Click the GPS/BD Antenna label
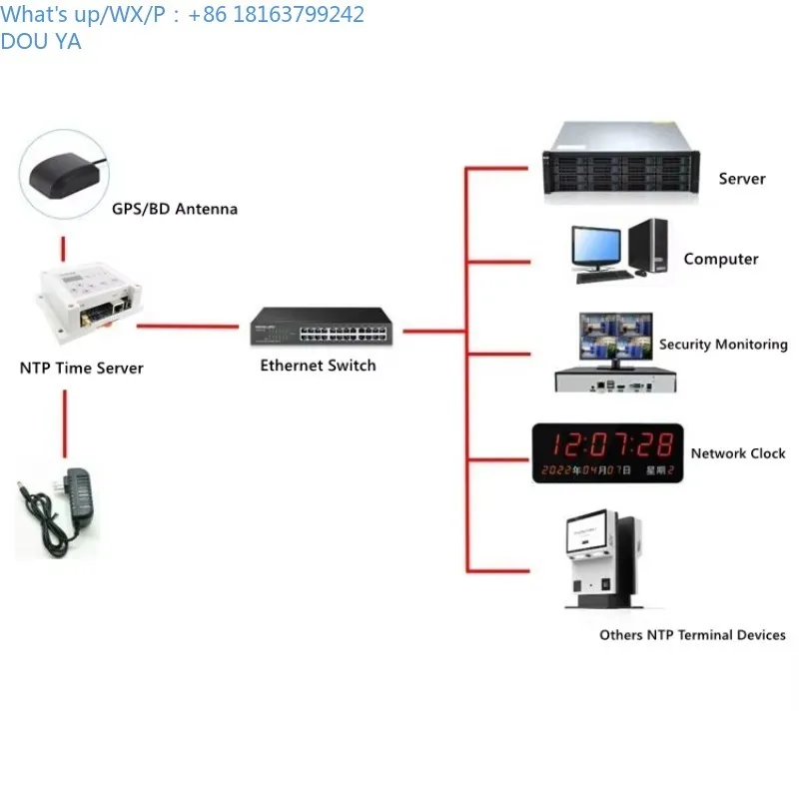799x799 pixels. click(x=174, y=209)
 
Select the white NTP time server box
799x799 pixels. click(x=88, y=302)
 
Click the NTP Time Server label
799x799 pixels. click(x=82, y=368)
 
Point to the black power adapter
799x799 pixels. click(x=58, y=511)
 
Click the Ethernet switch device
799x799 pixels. click(x=322, y=327)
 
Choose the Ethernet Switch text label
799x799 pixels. click(x=318, y=366)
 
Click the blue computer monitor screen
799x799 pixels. click(x=595, y=246)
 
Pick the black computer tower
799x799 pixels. click(x=648, y=246)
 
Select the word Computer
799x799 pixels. click(x=721, y=259)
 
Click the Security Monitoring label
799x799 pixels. click(x=723, y=345)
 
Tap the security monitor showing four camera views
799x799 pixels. click(x=616, y=337)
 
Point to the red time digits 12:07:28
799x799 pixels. click(x=613, y=444)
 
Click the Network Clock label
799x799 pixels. click(x=738, y=453)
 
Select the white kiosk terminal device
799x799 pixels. click(x=604, y=558)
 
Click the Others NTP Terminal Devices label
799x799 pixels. click(x=692, y=635)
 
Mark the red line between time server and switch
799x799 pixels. click(x=188, y=327)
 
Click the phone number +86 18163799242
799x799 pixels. click(x=276, y=14)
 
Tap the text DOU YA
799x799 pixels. click(x=41, y=42)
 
